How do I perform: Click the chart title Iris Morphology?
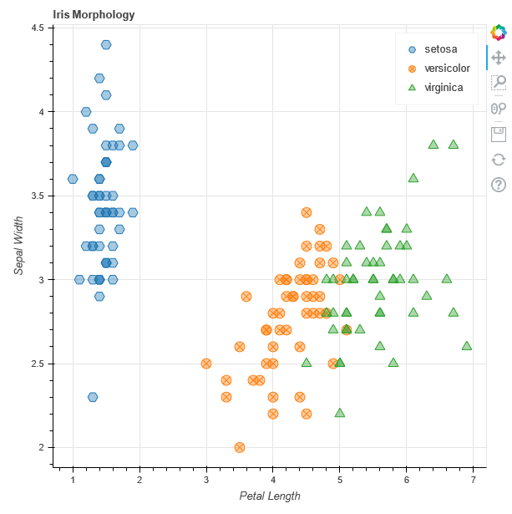tap(94, 15)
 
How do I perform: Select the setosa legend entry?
tap(441, 48)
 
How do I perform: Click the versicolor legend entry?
tap(447, 68)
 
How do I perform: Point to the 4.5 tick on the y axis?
tap(38, 28)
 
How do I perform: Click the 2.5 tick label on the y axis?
tap(38, 364)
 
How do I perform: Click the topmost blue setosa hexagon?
tap(106, 44)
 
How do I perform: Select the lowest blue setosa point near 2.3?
tap(93, 397)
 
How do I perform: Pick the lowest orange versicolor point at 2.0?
tap(240, 447)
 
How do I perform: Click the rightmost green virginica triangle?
tap(467, 345)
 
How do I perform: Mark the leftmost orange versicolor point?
tap(206, 364)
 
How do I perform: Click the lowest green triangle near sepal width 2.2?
tap(340, 413)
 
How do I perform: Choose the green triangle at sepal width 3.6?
tap(413, 178)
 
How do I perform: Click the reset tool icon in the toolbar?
tap(499, 159)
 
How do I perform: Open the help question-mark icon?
tap(499, 185)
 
